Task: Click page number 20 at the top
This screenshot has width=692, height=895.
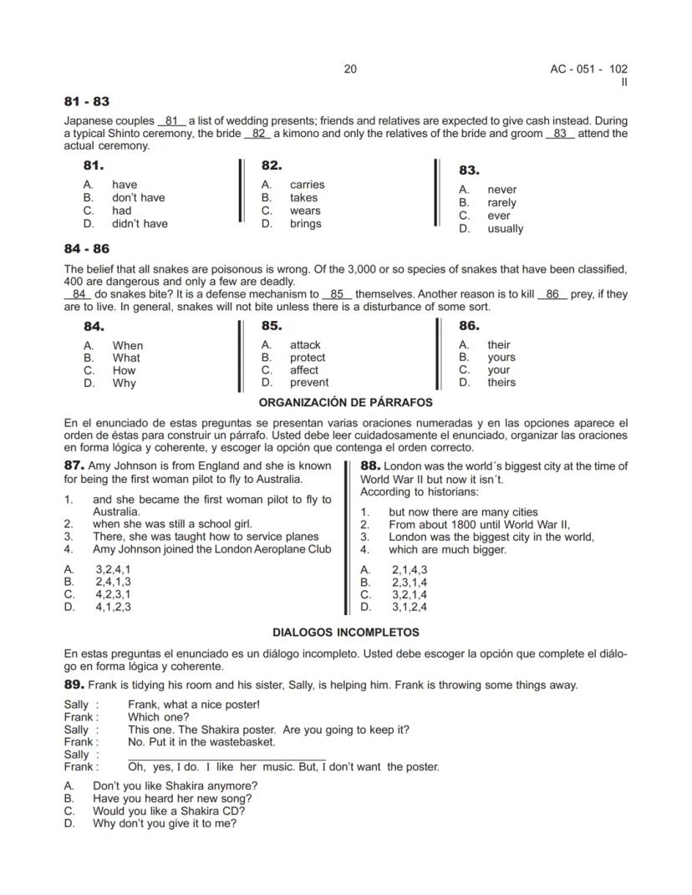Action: (x=350, y=69)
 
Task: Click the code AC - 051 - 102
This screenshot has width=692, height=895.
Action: (x=583, y=69)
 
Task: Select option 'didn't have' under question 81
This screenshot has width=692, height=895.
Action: (x=140, y=224)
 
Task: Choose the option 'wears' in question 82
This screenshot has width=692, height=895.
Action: (x=305, y=211)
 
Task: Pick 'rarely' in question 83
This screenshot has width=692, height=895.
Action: (x=502, y=202)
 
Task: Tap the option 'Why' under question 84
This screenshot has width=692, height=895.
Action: (x=124, y=384)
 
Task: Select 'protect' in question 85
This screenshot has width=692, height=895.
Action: (x=308, y=358)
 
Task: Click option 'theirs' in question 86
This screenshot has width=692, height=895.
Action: (x=501, y=383)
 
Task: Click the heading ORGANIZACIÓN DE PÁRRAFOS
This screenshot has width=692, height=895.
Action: (x=345, y=403)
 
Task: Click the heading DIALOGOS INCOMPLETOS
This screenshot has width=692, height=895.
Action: (x=345, y=633)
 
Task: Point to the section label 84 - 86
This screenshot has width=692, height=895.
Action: (x=86, y=249)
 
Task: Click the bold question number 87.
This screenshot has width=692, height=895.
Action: (x=74, y=465)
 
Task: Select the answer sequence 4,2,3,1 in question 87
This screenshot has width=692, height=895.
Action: (x=113, y=595)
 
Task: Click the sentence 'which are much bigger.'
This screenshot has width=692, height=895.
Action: (x=447, y=550)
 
